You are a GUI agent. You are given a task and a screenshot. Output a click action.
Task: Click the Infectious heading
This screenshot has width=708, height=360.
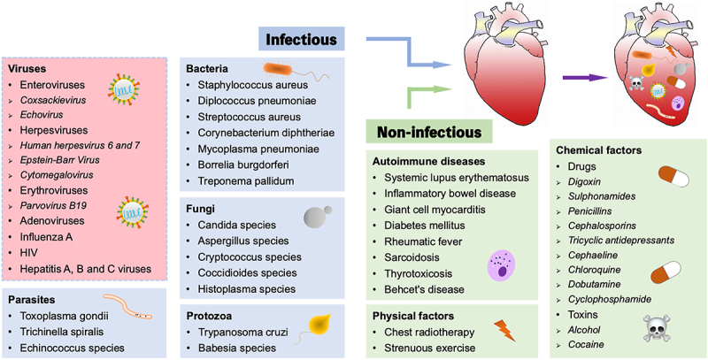click(x=300, y=39)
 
